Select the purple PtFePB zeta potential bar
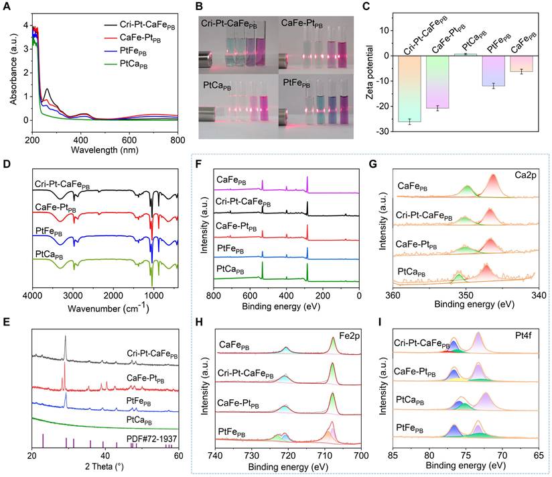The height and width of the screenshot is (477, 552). point(494,70)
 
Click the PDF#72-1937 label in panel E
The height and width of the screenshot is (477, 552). point(154,437)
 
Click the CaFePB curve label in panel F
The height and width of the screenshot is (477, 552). point(231,179)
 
